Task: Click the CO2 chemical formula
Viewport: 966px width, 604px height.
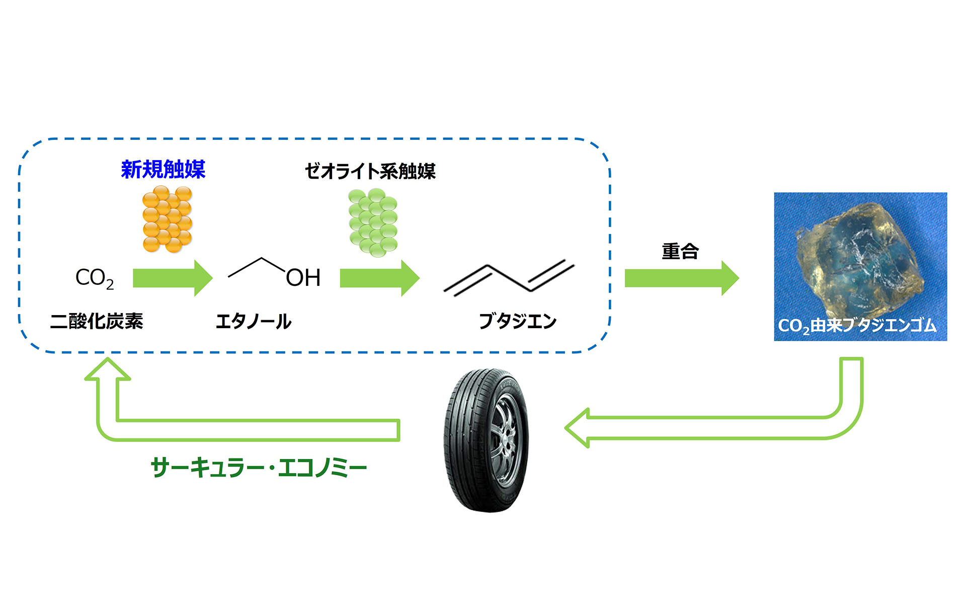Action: point(94,278)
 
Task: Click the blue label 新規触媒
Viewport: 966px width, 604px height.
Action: point(163,170)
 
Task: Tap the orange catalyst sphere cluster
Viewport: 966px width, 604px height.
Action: point(168,219)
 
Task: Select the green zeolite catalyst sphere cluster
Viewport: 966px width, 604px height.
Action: point(373,221)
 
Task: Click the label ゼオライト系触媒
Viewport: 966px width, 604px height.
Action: point(370,172)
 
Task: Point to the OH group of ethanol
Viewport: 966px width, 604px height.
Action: point(303,278)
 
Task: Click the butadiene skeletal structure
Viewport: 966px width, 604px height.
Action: point(508,278)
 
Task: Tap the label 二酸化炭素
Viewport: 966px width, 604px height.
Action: point(97,321)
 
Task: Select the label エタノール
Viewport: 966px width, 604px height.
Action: point(253,321)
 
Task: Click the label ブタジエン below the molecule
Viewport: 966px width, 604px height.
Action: point(517,321)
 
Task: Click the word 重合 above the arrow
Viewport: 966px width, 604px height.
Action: point(680,251)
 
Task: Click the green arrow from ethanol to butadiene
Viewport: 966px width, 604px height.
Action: point(379,278)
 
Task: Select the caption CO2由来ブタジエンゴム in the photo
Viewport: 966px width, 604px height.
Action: point(857,326)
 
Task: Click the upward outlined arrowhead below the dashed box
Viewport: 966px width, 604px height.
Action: point(108,370)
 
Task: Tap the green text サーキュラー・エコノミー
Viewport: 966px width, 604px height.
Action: point(259,468)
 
